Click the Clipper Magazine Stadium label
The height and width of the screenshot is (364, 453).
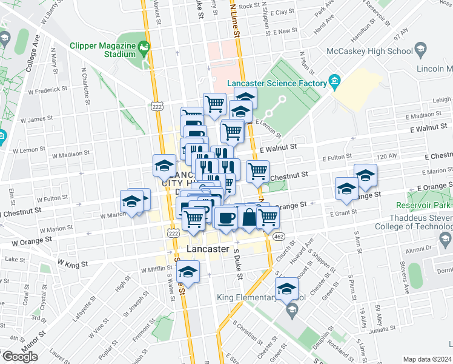coord(103,49)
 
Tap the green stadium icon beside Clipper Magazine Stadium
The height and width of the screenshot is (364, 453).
coord(144,46)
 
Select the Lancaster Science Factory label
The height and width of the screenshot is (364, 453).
coord(276,83)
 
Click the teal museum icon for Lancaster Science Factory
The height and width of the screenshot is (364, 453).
coord(334,81)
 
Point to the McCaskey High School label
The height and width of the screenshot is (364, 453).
coord(369,52)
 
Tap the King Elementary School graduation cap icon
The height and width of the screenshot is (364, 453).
coord(291,311)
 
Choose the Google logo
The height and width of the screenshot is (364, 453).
coord(20,357)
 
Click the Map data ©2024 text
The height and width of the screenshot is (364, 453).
coord(428,359)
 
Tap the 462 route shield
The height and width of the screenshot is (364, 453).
coord(279,236)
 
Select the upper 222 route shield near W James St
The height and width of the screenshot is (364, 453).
coord(157,107)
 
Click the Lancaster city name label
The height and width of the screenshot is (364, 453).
coord(208,249)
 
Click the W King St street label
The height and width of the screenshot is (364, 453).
coord(73,263)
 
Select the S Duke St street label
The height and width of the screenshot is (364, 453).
coord(238,267)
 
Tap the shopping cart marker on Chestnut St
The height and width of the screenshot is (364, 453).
coord(257,172)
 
